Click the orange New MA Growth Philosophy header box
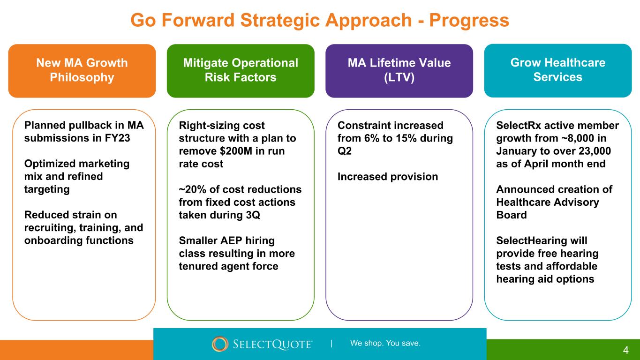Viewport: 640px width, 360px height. coord(82,71)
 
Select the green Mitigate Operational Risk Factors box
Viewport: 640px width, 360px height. coord(241,71)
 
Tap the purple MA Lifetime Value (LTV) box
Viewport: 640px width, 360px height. coord(399,71)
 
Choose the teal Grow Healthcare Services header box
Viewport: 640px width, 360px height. coord(558,71)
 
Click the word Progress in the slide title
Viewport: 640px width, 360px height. coord(469,21)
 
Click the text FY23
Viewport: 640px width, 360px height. coord(117,138)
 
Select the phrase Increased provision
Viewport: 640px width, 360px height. coord(388,177)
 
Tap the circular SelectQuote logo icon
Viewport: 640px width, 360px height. coord(220,344)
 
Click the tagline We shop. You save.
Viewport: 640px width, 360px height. coord(385,343)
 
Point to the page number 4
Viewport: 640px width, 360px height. coord(626,350)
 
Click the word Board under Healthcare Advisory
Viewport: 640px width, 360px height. coord(512,215)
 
